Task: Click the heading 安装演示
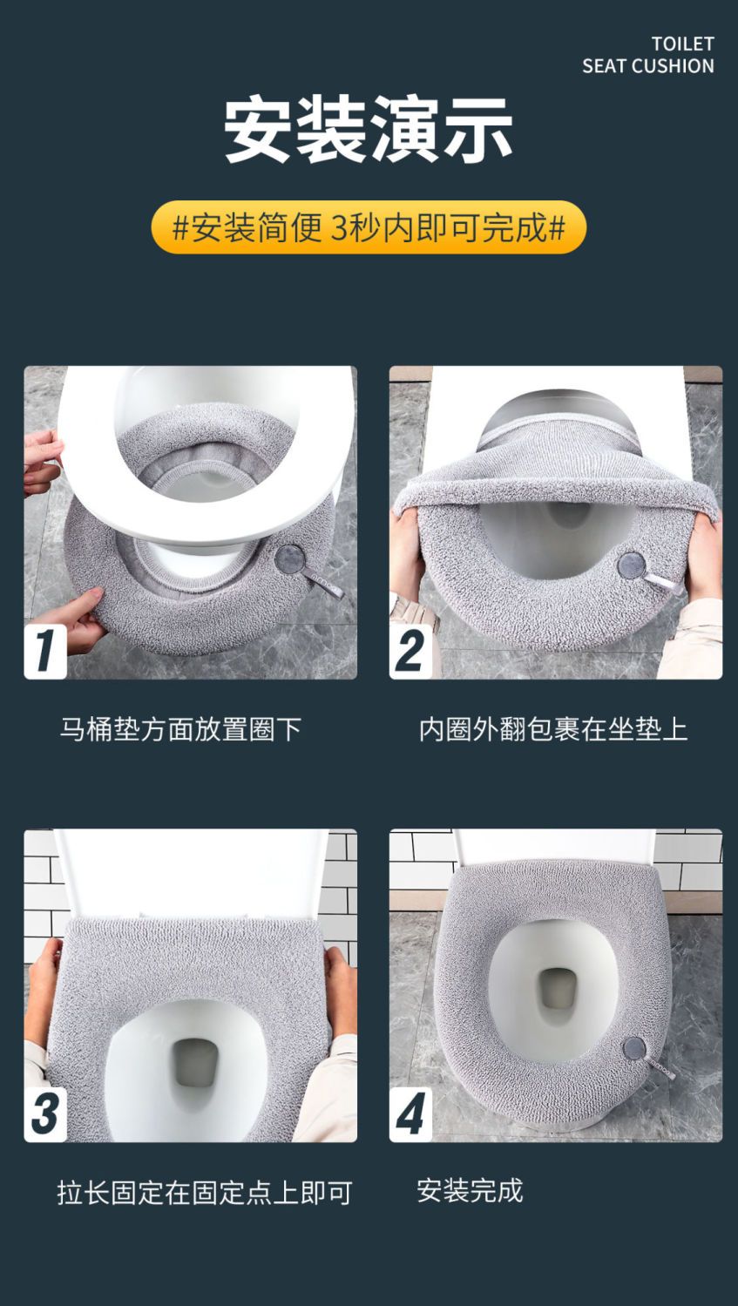tap(369, 130)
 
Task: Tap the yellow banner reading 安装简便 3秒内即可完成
tap(369, 227)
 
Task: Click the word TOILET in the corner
tap(682, 44)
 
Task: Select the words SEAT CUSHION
tap(648, 66)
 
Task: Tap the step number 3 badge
tap(45, 1113)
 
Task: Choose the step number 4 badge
tap(410, 1113)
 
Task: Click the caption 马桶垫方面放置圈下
tap(180, 728)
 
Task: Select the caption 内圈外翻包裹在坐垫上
tap(553, 728)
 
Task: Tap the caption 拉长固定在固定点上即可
tap(205, 1193)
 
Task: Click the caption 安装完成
tap(470, 1190)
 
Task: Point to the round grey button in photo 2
tap(632, 565)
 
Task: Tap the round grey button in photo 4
tap(634, 1048)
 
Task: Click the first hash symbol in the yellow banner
tap(181, 227)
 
